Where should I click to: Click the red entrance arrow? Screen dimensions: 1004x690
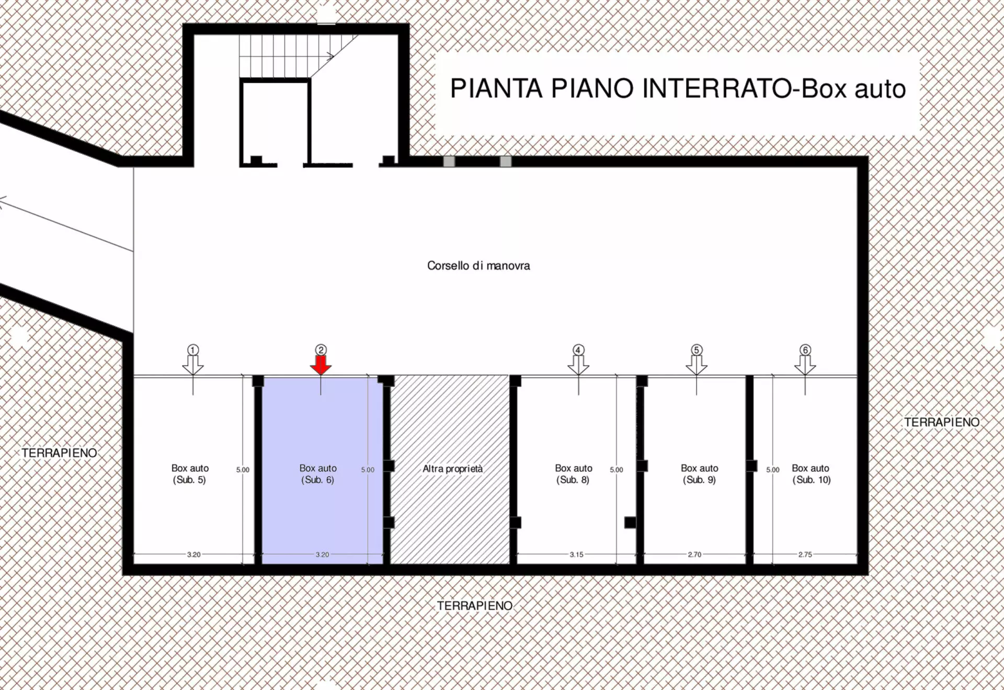click(x=321, y=365)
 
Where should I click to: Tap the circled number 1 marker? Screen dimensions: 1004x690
click(x=193, y=350)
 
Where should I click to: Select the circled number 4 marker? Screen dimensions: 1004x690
click(x=578, y=350)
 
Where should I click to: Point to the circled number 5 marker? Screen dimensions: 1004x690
click(x=697, y=350)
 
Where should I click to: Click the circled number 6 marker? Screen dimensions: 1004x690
click(x=805, y=350)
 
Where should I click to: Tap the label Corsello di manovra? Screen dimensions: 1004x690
click(x=478, y=266)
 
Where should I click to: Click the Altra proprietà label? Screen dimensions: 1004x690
click(x=453, y=469)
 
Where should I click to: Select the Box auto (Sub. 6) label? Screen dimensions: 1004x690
click(x=318, y=474)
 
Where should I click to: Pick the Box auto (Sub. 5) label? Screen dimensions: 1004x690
click(x=190, y=474)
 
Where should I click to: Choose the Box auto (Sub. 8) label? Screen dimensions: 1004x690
click(x=574, y=474)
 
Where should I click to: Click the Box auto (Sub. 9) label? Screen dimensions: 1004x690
click(x=700, y=474)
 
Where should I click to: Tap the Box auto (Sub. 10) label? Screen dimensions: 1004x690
click(x=811, y=474)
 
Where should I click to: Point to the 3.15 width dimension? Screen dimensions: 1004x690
click(x=576, y=555)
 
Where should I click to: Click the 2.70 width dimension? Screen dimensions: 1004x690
click(x=694, y=555)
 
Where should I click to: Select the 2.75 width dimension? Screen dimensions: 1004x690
click(x=805, y=555)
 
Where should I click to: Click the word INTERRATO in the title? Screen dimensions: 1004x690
click(x=716, y=88)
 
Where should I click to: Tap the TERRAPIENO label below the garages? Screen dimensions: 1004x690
click(x=475, y=606)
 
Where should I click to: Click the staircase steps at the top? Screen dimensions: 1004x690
click(x=298, y=56)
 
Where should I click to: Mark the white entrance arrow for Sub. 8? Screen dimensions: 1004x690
click(x=578, y=365)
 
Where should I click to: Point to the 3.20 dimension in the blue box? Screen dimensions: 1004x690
click(x=322, y=555)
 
